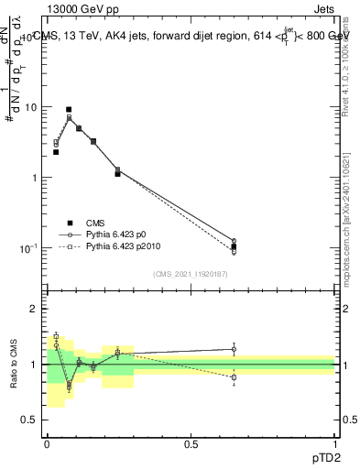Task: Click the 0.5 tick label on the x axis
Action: tap(191, 444)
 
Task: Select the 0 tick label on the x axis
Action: tap(47, 444)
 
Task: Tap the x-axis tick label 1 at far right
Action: tap(334, 444)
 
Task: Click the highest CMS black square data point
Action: tap(69, 109)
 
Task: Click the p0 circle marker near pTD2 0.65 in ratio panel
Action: tap(234, 349)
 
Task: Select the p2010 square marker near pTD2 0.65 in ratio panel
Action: tap(234, 377)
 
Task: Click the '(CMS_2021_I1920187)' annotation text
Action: tap(191, 274)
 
